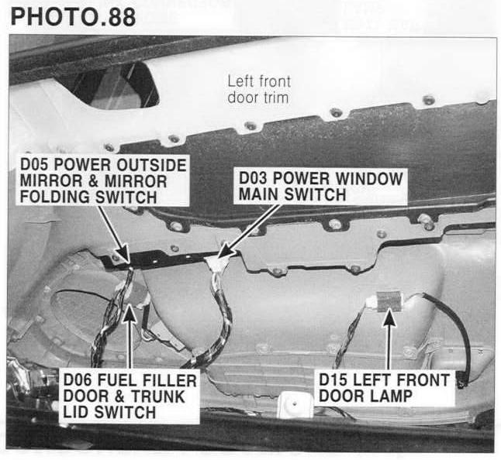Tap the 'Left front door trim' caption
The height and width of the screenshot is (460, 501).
click(x=259, y=90)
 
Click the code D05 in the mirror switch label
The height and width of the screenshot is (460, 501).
click(x=34, y=165)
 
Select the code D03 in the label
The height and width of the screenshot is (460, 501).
click(x=253, y=178)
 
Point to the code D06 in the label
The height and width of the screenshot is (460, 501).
click(x=78, y=380)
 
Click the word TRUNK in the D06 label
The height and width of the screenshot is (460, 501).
click(x=158, y=396)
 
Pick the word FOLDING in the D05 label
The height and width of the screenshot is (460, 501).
click(x=54, y=197)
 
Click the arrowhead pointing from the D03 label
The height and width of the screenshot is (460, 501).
click(x=226, y=251)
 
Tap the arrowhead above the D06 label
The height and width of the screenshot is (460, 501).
click(x=130, y=313)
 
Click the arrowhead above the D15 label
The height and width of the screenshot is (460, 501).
click(x=389, y=317)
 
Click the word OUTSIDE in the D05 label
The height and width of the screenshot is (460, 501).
click(x=151, y=165)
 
